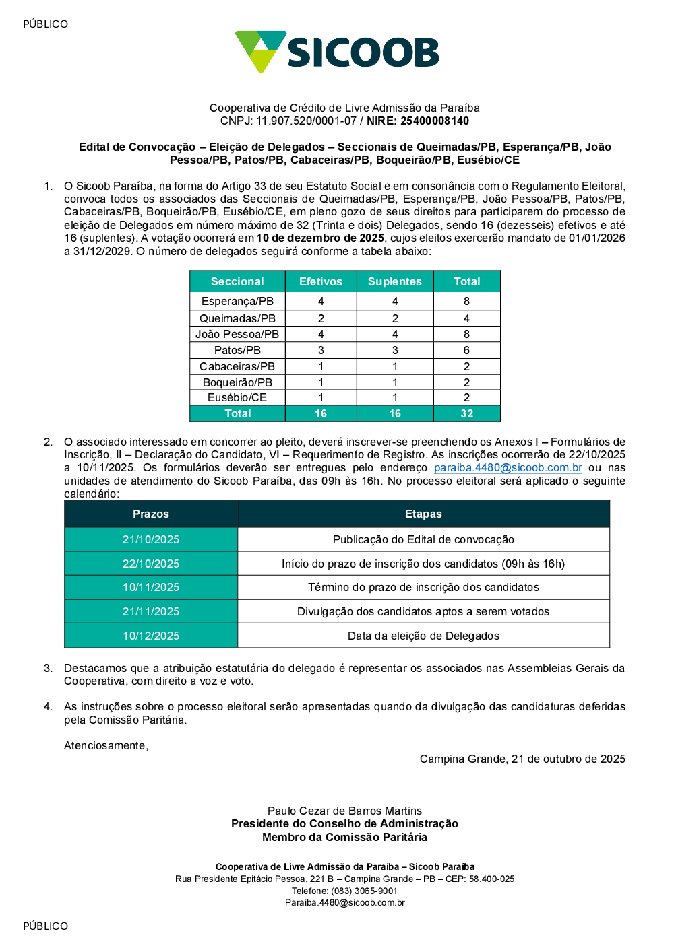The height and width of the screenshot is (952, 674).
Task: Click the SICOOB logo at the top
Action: coord(337,52)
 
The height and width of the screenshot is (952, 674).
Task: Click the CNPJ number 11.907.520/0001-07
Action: coord(306,121)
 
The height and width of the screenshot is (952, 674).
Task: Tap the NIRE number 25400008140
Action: coord(435,121)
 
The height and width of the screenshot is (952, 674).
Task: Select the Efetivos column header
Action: coord(321,281)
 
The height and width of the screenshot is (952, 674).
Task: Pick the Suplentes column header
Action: coord(395,281)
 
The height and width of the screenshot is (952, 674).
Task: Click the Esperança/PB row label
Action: coord(237,301)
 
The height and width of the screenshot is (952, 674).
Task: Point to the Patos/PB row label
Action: coord(237,350)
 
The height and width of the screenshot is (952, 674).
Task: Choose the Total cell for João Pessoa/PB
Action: coord(466,334)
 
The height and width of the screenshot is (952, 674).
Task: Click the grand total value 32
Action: coord(466,413)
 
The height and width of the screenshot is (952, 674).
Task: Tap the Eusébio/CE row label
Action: coord(237,397)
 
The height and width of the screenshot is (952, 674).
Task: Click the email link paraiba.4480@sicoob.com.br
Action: coord(508,468)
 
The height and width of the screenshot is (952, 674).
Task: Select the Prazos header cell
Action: coord(151,514)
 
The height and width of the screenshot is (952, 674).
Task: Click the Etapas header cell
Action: coord(423,514)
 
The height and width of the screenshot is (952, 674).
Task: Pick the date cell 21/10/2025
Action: coord(151,539)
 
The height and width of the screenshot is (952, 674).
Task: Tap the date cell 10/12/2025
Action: coord(151,636)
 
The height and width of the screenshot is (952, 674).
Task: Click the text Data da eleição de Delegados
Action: coord(423,636)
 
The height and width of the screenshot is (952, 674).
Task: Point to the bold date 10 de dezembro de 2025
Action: coord(320,238)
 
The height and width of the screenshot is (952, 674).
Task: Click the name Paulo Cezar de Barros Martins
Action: coord(344,811)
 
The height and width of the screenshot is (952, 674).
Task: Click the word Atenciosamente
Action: coord(105,745)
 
